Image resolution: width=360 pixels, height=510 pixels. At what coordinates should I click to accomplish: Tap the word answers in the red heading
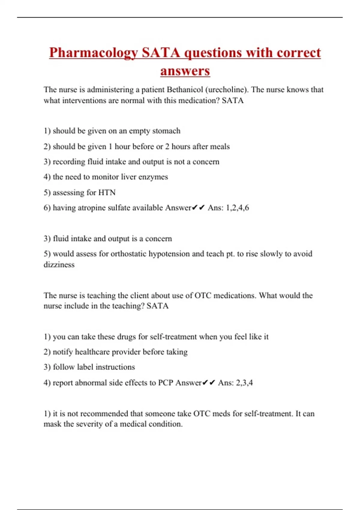pos(185,71)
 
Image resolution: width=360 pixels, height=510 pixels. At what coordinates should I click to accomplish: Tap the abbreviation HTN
pos(107,192)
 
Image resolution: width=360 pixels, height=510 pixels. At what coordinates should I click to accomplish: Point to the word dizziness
pos(59,265)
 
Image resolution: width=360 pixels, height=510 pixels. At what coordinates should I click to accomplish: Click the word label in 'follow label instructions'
pos(85,367)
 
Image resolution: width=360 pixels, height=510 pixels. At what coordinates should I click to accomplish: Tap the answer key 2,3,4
pos(244,383)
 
